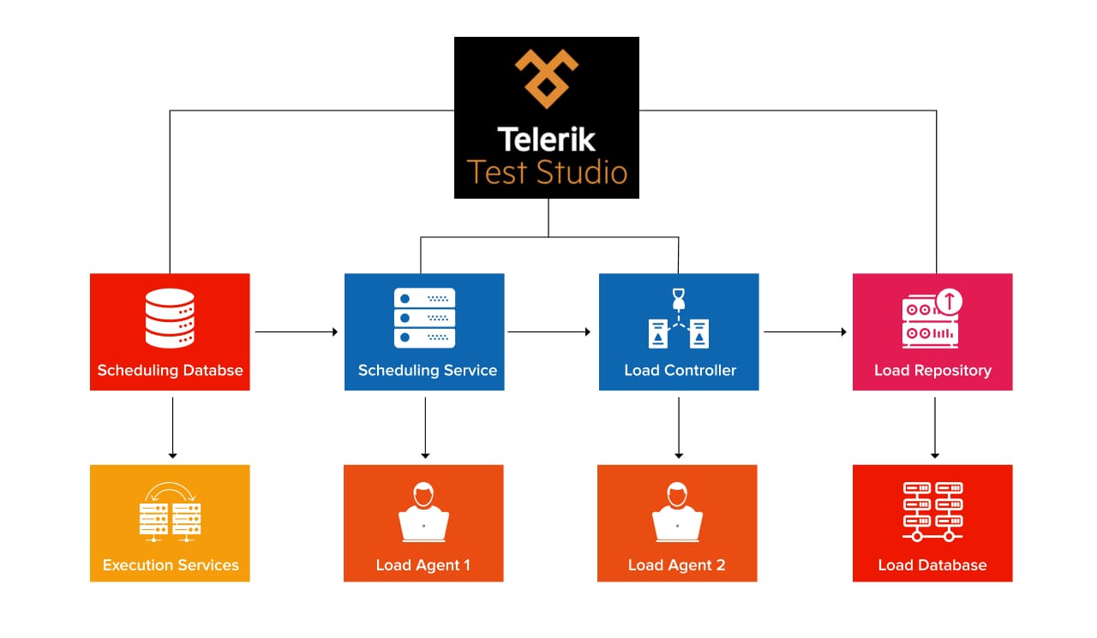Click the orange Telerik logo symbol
point(547,78)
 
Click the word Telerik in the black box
point(547,139)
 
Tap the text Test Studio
point(547,172)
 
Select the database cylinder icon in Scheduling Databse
point(170,318)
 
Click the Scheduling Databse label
point(170,371)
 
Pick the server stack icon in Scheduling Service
point(424,318)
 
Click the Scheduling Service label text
point(427,371)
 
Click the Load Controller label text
point(680,371)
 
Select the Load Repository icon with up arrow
point(932,319)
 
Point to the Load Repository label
point(932,371)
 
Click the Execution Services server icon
point(170,514)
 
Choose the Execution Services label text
point(171,565)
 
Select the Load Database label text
point(932,565)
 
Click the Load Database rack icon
point(932,512)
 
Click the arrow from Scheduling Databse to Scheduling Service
point(297,331)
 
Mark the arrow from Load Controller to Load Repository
point(805,331)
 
